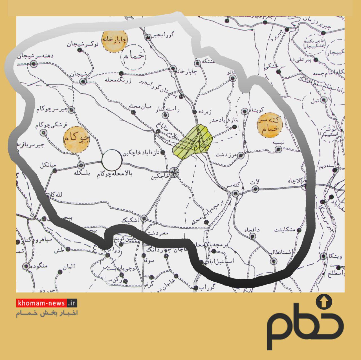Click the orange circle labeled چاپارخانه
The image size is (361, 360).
tap(115, 41)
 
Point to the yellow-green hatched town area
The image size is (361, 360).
tap(192, 142)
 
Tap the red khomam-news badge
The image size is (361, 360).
tap(47, 303)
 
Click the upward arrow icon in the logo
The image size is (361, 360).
tap(324, 302)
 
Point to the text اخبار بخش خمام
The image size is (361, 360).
tap(47, 313)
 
